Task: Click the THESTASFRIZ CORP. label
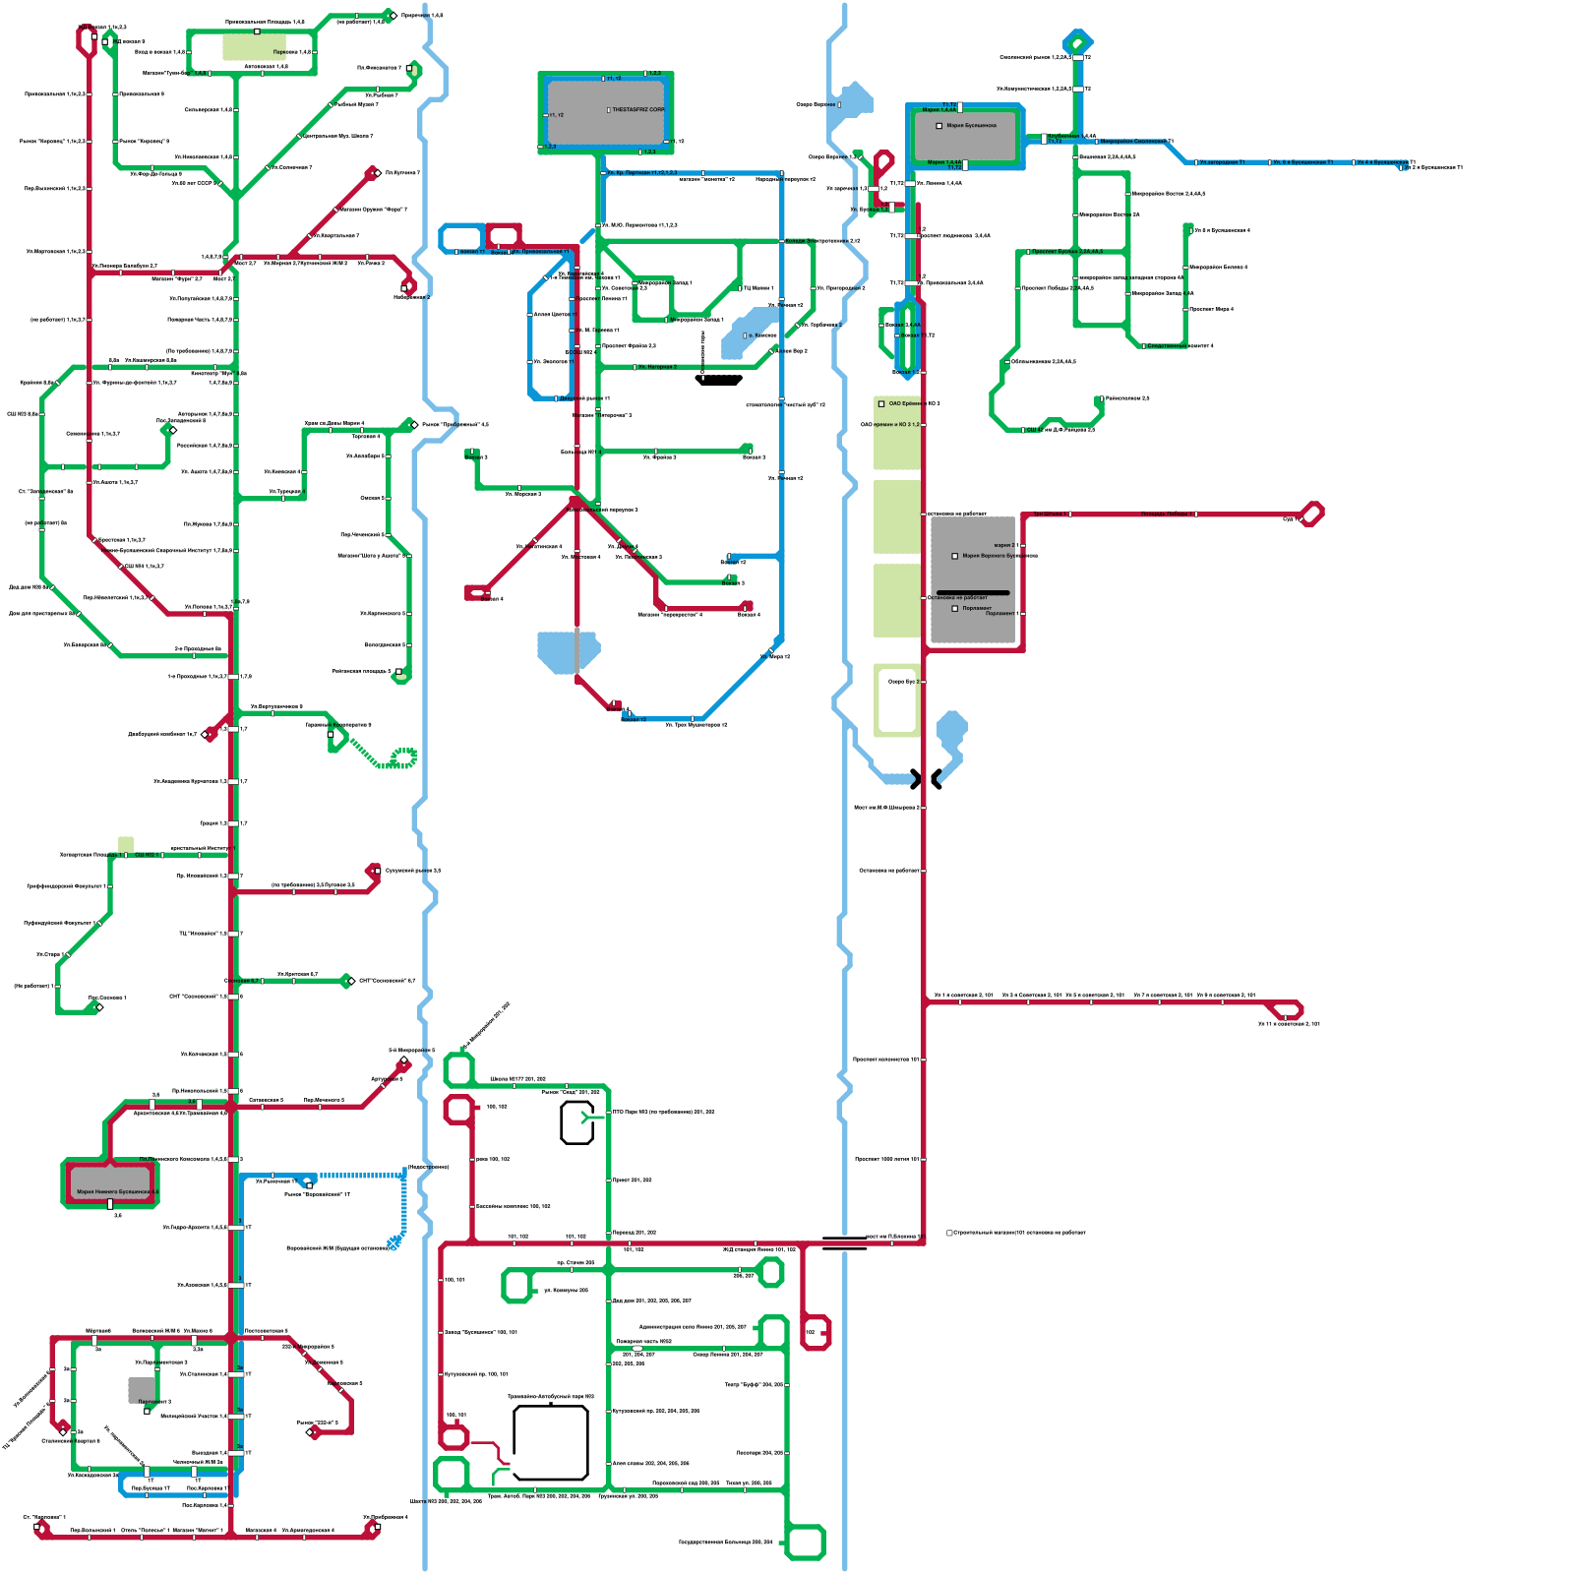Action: pyautogui.click(x=638, y=110)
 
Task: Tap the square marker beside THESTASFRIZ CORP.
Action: pyautogui.click(x=609, y=110)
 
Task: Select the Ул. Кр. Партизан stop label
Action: pyautogui.click(x=639, y=173)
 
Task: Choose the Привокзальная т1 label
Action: pyautogui.click(x=540, y=252)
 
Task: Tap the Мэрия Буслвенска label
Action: pyautogui.click(x=971, y=126)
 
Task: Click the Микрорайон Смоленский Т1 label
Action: pyautogui.click(x=1136, y=142)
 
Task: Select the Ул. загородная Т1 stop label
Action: pyautogui.click(x=1222, y=162)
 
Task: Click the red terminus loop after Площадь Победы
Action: pyautogui.click(x=1311, y=514)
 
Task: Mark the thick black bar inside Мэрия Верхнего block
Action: pyautogui.click(x=973, y=592)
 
